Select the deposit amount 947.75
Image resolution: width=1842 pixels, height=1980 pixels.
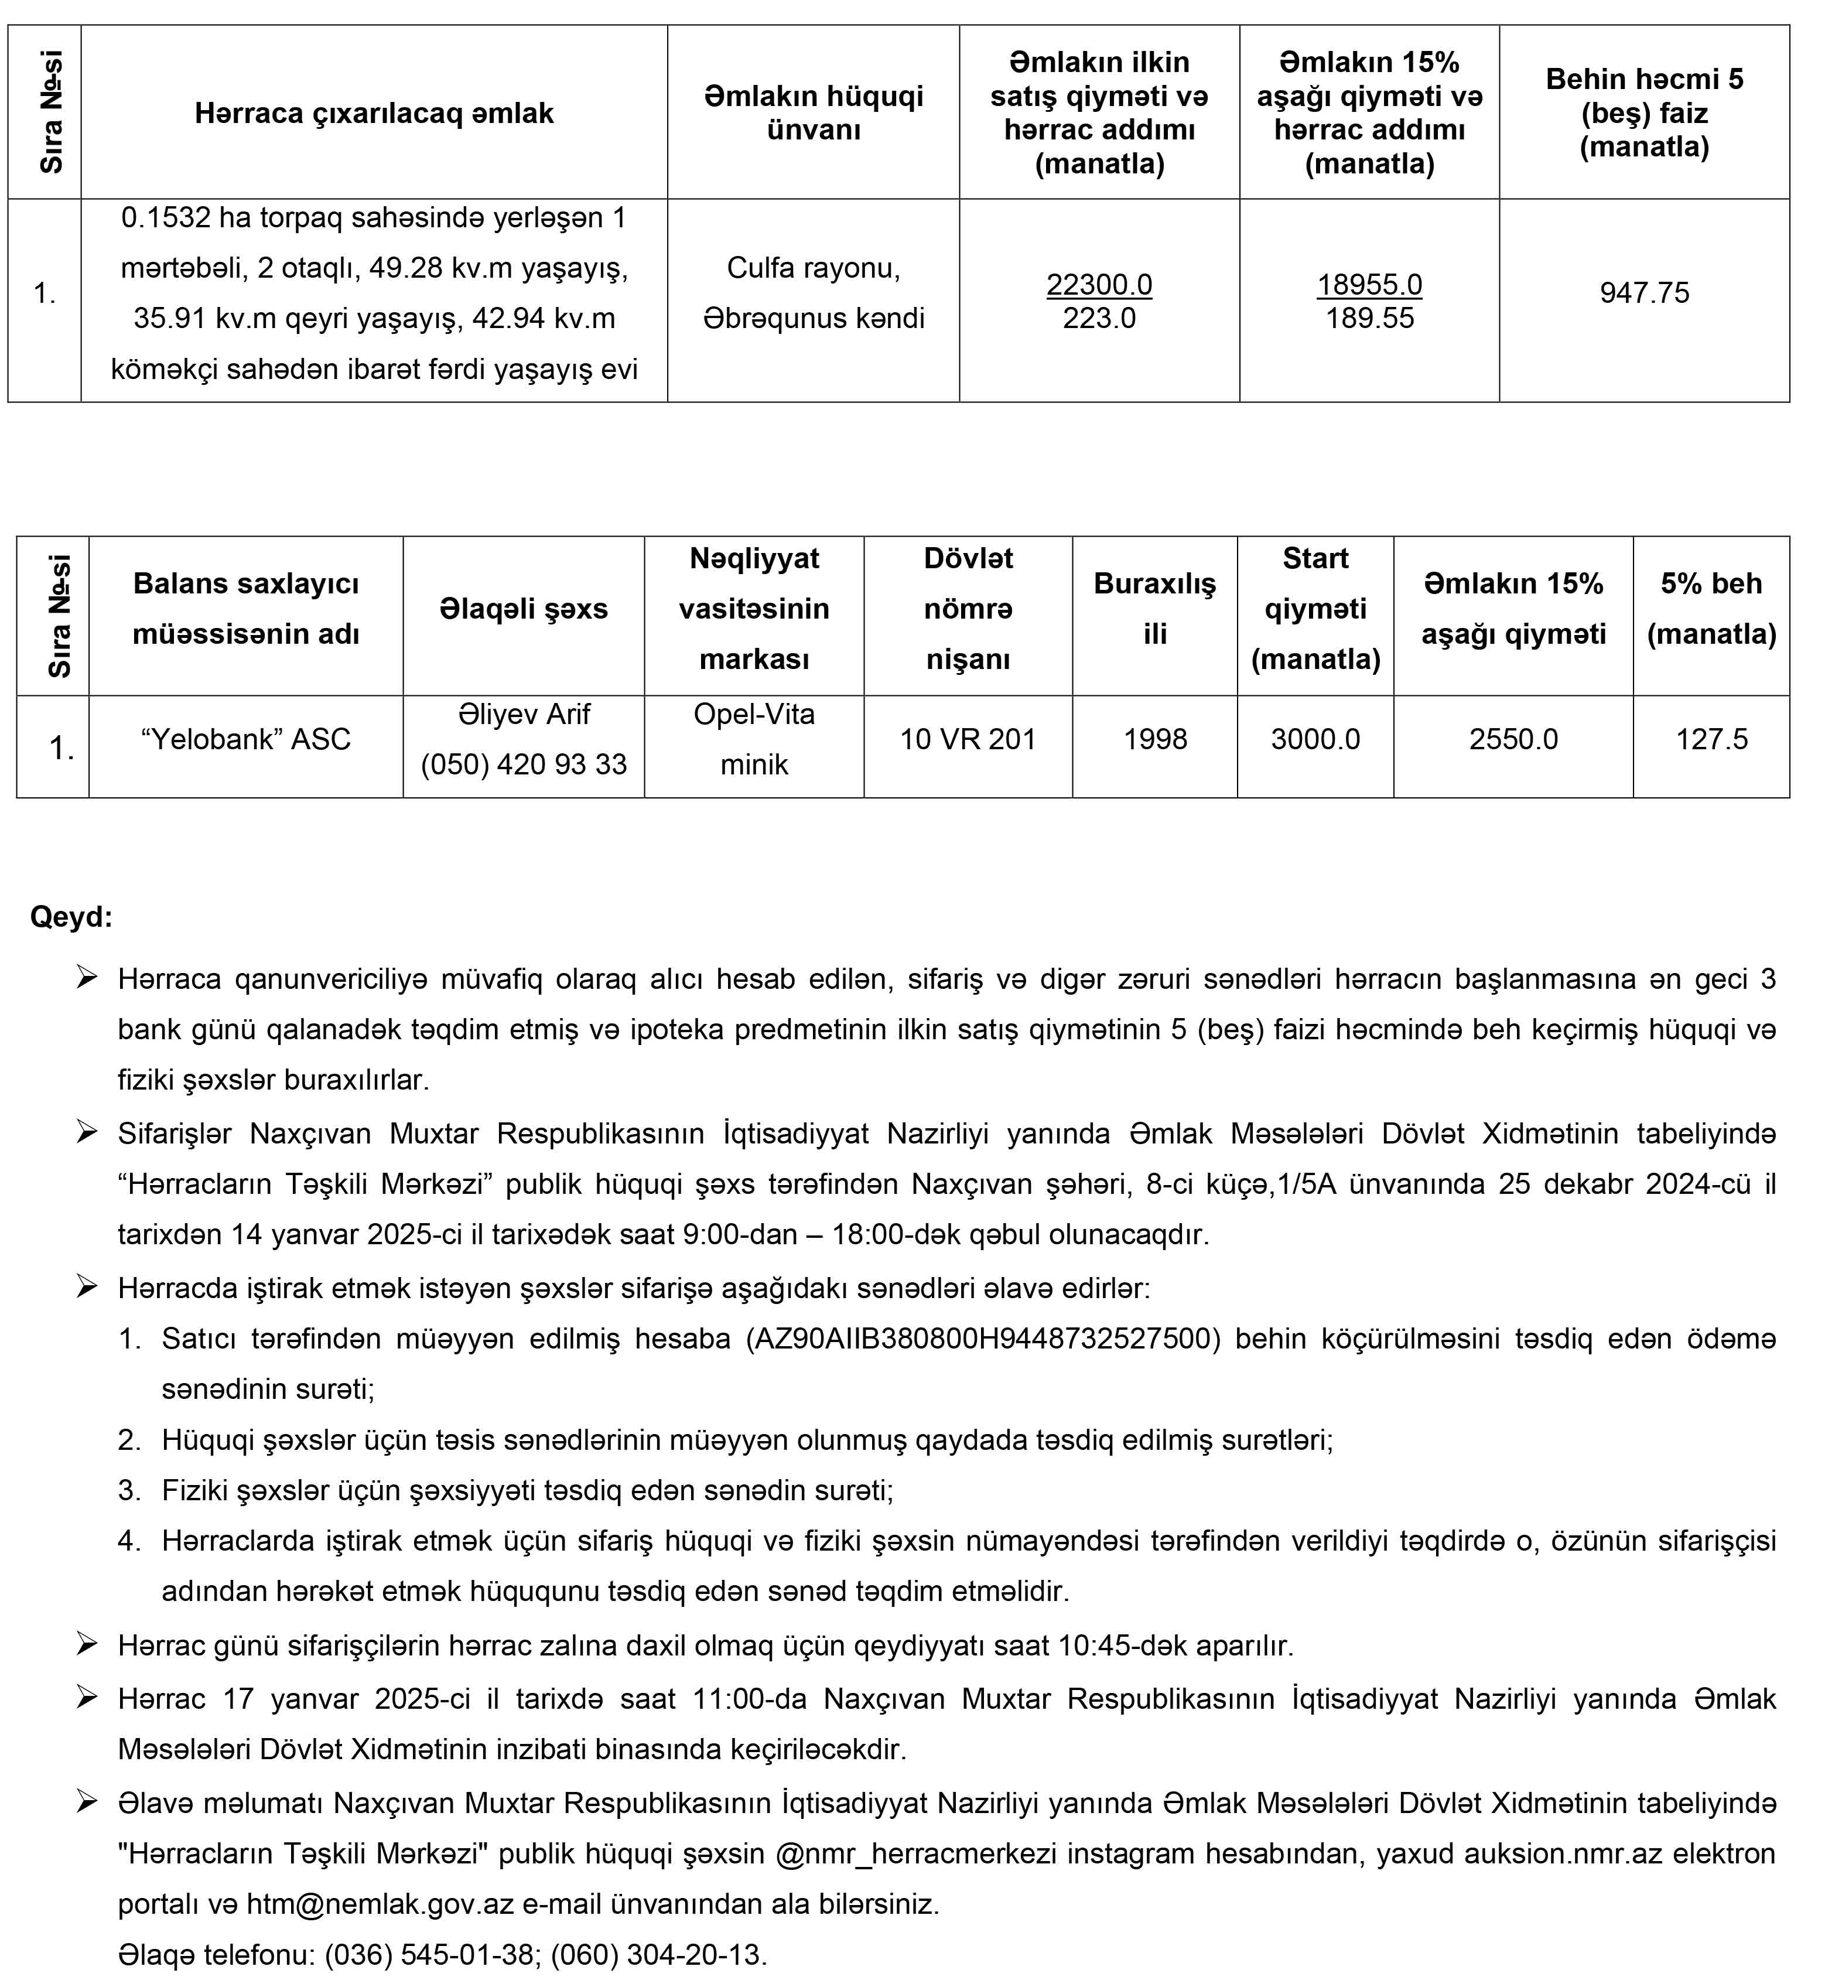[1644, 293]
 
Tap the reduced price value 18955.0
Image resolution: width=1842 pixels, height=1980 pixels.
[1369, 285]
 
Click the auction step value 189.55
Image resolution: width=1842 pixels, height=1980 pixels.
[1369, 319]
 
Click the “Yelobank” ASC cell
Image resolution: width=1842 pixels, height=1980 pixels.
[246, 739]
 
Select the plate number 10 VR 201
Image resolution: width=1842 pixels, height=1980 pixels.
[968, 739]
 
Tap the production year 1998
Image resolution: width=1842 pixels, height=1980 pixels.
[1155, 739]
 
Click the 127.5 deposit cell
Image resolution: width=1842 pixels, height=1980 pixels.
[1711, 739]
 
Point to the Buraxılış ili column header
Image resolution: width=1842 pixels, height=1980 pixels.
[1155, 609]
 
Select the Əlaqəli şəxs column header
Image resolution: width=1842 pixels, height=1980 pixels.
[524, 609]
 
